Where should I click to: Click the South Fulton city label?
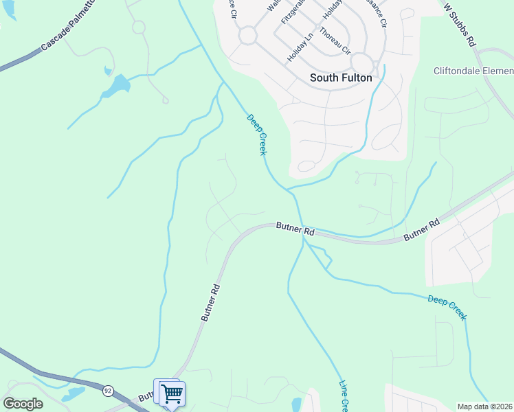tap(341, 78)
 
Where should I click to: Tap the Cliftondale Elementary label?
tap(473, 71)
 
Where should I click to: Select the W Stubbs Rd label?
tap(460, 24)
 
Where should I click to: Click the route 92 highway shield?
tap(108, 391)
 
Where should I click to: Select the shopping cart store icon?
tap(172, 393)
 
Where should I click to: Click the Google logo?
tap(23, 404)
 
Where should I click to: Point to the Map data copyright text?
tap(485, 407)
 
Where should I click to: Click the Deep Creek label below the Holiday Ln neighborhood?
tap(256, 135)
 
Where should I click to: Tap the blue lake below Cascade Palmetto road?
tap(118, 85)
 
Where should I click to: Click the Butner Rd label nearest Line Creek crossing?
tap(295, 227)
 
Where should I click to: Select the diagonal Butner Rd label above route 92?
tap(210, 303)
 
